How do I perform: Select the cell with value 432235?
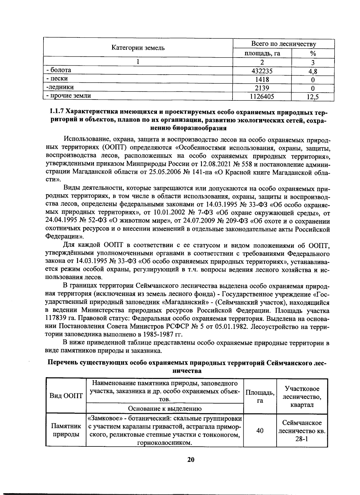[262, 71]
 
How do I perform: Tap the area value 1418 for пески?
[262, 79]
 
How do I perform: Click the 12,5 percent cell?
[313, 97]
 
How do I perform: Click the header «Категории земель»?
[138, 48]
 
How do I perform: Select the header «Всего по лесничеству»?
[283, 44]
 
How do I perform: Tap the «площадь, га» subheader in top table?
[262, 53]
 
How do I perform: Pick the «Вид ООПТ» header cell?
[66, 395]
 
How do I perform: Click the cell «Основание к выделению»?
[165, 408]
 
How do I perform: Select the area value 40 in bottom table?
[260, 431]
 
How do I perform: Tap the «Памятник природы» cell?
[66, 430]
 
